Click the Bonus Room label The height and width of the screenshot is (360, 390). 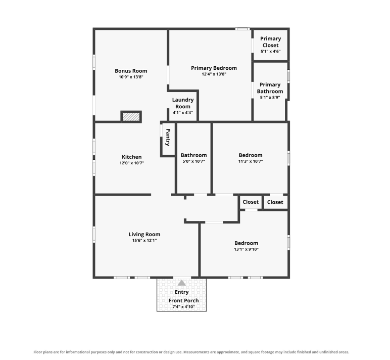pyautogui.click(x=131, y=71)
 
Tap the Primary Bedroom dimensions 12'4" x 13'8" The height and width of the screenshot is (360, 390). pyautogui.click(x=214, y=74)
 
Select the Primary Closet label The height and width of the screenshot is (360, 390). pyautogui.click(x=271, y=42)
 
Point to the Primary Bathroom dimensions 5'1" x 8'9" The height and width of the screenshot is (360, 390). pyautogui.click(x=270, y=98)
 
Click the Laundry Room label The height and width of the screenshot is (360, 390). pyautogui.click(x=183, y=103)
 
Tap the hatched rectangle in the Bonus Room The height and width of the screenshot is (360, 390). pyautogui.click(x=131, y=117)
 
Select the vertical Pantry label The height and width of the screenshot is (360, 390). pyautogui.click(x=168, y=137)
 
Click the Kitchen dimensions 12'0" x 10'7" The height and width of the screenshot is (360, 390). pyautogui.click(x=132, y=163)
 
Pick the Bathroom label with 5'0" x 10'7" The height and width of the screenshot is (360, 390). pyautogui.click(x=194, y=155)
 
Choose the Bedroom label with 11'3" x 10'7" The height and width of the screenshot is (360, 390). pyautogui.click(x=251, y=155)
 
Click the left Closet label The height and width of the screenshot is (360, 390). pyautogui.click(x=251, y=202)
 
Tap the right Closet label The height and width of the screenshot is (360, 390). pyautogui.click(x=275, y=202)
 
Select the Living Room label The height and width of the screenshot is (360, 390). pyautogui.click(x=144, y=234)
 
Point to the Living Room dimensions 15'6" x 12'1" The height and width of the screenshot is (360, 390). pyautogui.click(x=144, y=241)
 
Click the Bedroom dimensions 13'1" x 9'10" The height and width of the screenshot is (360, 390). pyautogui.click(x=246, y=249)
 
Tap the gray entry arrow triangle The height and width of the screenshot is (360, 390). pyautogui.click(x=182, y=283)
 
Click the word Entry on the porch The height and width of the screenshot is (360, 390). pyautogui.click(x=181, y=292)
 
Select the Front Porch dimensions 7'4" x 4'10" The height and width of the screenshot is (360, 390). pyautogui.click(x=183, y=307)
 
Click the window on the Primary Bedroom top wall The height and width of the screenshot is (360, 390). pyautogui.click(x=242, y=29)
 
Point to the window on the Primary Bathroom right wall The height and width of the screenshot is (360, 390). pyautogui.click(x=288, y=76)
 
